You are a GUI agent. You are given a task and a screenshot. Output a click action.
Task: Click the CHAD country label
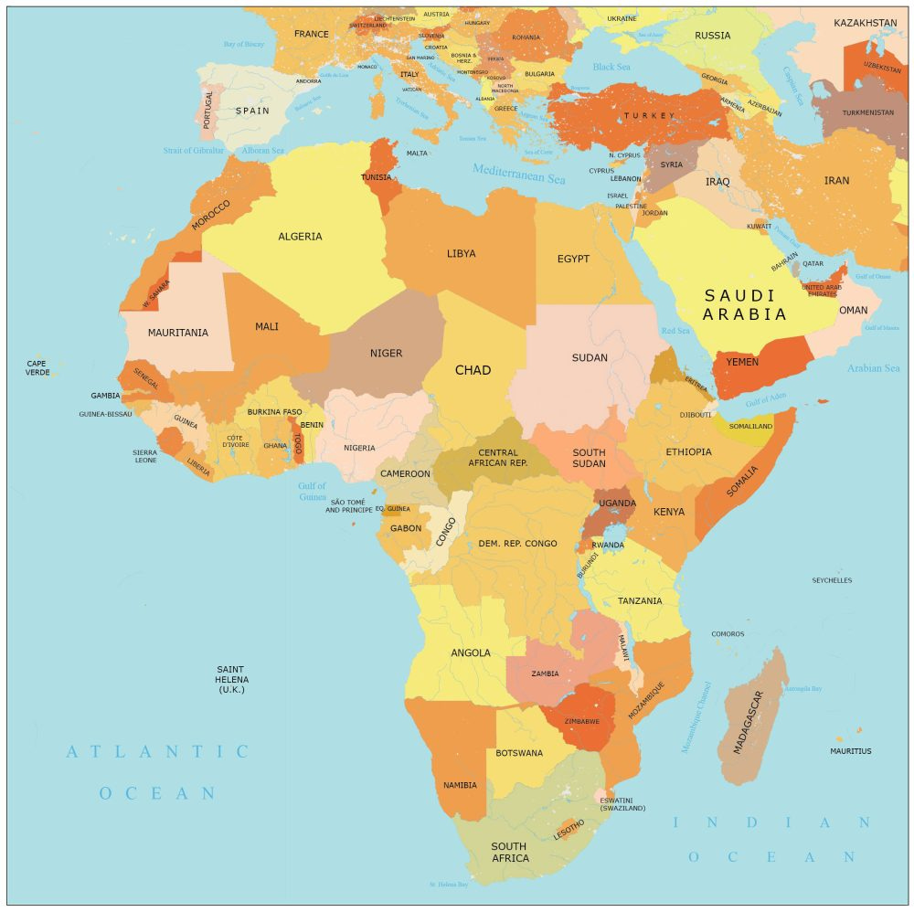473,370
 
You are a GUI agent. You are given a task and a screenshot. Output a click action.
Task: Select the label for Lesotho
568,829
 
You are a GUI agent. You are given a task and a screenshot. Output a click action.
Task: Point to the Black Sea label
611,67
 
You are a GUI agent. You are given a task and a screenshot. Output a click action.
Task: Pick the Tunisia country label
376,177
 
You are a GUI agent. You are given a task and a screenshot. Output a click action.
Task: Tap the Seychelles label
832,580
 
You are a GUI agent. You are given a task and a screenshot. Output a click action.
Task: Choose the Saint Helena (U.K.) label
232,679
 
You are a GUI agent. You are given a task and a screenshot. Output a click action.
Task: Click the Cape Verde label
37,367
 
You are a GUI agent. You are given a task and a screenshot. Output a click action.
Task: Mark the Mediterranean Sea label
518,173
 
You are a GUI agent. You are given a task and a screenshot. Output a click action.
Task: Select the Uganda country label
617,504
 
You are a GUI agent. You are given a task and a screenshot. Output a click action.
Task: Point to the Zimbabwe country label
582,721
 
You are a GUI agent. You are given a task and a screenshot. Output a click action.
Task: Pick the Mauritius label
850,751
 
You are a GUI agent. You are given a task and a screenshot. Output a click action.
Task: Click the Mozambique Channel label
696,717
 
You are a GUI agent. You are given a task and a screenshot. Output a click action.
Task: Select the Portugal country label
208,108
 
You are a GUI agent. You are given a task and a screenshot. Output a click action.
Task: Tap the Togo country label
298,444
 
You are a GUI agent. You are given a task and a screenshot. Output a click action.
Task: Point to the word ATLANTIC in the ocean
157,752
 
